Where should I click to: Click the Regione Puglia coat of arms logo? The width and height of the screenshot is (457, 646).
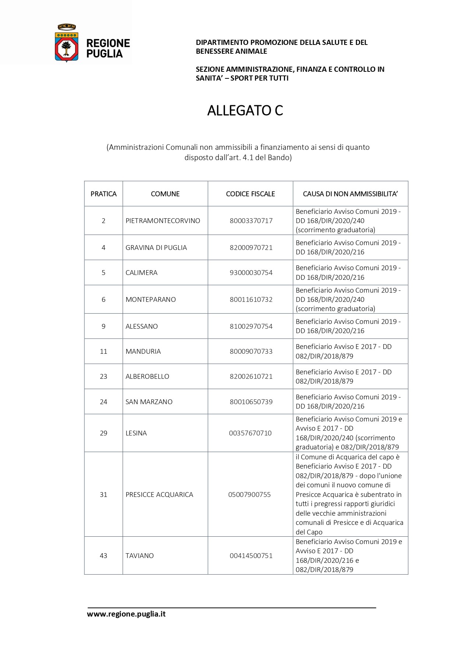[67, 43]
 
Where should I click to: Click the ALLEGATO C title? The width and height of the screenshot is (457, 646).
[245, 110]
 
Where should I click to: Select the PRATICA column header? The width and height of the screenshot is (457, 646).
[103, 194]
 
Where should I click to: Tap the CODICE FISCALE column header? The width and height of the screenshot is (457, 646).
[250, 194]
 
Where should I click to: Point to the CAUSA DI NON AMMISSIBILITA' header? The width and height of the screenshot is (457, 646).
[350, 194]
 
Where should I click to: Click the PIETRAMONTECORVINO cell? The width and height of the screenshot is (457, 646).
[163, 221]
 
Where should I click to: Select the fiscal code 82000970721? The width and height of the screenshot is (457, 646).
[251, 248]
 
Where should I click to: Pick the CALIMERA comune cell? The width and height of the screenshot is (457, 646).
[141, 273]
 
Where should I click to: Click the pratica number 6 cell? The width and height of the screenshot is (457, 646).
[103, 300]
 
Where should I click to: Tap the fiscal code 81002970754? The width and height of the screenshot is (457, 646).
[251, 326]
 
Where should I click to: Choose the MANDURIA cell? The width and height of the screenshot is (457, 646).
[143, 352]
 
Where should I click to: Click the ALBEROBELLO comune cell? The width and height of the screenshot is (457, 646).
[147, 377]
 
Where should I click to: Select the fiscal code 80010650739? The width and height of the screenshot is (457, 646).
[251, 402]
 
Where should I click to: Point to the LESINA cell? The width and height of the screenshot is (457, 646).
[136, 433]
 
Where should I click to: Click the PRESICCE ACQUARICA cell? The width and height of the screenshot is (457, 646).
[159, 495]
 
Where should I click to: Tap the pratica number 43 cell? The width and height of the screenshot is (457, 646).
[103, 556]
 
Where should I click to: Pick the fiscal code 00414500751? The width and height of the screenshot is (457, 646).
[251, 556]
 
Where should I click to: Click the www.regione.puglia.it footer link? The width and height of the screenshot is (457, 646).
[126, 614]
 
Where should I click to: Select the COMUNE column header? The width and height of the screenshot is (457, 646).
[165, 194]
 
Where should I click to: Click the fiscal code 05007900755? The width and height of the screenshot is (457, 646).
[249, 495]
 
